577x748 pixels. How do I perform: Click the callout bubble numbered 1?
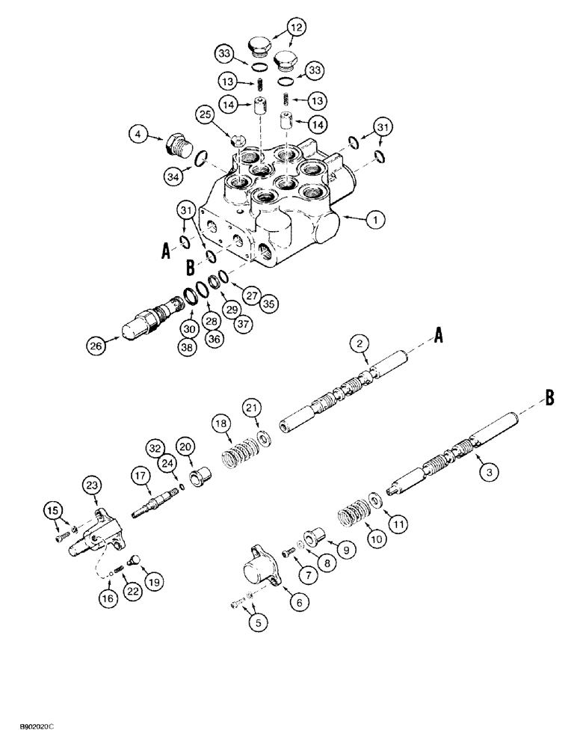click(x=375, y=219)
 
